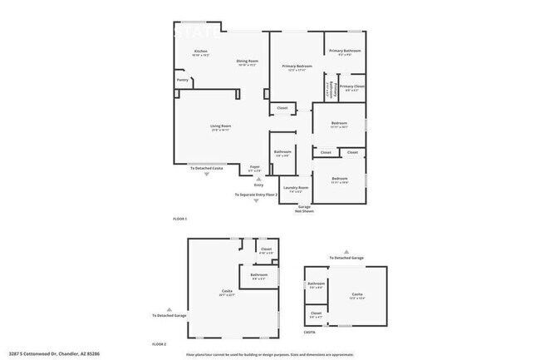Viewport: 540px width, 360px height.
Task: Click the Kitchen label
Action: coord(200,52)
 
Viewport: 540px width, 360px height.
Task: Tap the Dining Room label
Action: coord(248,62)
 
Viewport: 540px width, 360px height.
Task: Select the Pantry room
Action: coord(182,81)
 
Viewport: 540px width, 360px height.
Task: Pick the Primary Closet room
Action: coord(351,87)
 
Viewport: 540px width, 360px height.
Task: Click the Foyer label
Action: coord(255,168)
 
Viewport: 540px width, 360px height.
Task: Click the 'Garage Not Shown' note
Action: coord(304,209)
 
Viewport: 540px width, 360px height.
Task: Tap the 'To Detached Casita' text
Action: coord(207,169)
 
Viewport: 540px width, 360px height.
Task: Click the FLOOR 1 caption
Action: coord(180,218)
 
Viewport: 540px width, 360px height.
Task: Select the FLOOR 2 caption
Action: coord(159,343)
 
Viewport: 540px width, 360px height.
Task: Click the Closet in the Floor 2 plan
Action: coord(266,250)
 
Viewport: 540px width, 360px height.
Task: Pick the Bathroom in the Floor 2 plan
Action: coord(258,276)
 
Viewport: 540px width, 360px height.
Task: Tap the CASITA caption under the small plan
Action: coord(309,331)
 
